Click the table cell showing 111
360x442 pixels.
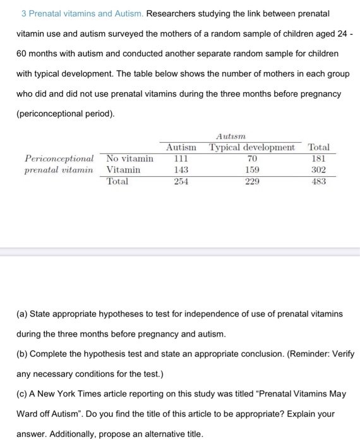pos(181,158)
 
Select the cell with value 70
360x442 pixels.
pos(251,158)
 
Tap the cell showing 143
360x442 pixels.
pos(181,170)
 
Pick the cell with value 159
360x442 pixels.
pos(251,170)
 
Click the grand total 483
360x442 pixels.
pos(318,181)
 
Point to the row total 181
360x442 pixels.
pos(318,158)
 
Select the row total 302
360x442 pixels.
pos(318,170)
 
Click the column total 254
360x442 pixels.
pos(181,181)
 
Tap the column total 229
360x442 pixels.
pos(251,181)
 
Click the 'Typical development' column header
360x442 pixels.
pos(252,147)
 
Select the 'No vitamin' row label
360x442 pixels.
pos(129,158)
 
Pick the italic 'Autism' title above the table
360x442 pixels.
pos(230,136)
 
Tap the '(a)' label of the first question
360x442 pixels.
pos(23,314)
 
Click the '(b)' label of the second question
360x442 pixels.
pos(23,354)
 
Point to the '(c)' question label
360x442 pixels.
pos(23,393)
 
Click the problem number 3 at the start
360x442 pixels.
pos(23,13)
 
